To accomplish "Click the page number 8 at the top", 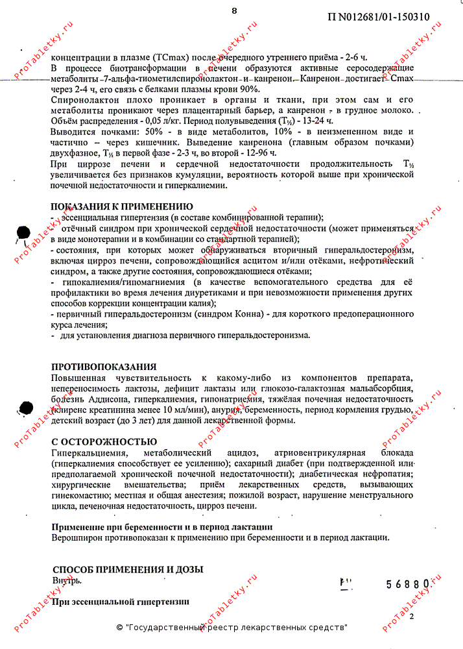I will [234, 10].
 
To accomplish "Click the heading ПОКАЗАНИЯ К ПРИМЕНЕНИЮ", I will [121, 207].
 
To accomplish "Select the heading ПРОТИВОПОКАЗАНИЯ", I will [104, 367].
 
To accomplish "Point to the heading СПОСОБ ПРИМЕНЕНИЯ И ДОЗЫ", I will [128, 569].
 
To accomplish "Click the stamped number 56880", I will [408, 584].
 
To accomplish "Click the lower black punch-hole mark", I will [25, 408].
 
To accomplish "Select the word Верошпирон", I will [77, 537].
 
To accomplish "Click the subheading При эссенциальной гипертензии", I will [121, 602].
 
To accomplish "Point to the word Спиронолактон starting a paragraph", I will [83, 99].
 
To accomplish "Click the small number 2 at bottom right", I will [410, 617].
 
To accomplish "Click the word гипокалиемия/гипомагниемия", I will [121, 282].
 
